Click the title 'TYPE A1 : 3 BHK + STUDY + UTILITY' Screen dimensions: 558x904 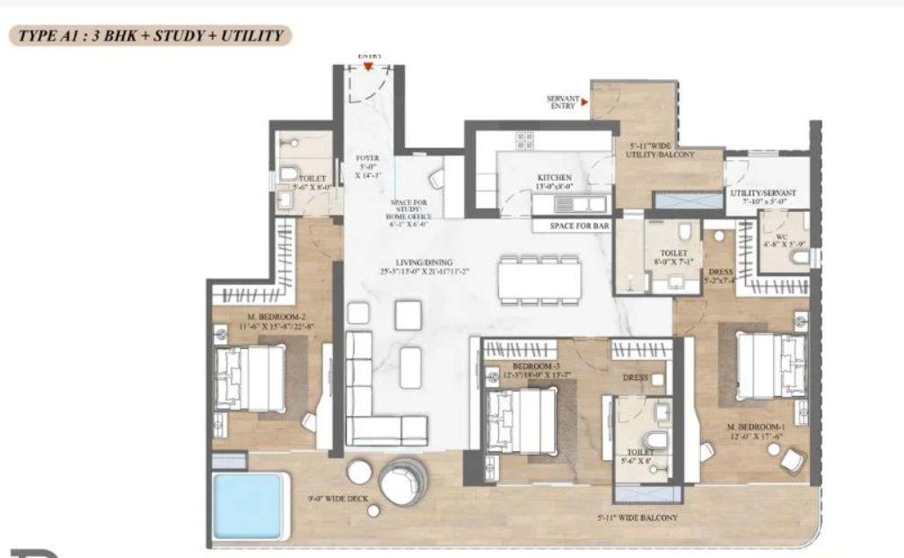pos(148,37)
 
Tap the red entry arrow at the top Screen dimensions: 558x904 pos(368,66)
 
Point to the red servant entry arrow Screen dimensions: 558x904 pos(585,102)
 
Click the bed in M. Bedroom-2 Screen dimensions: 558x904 pos(251,378)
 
